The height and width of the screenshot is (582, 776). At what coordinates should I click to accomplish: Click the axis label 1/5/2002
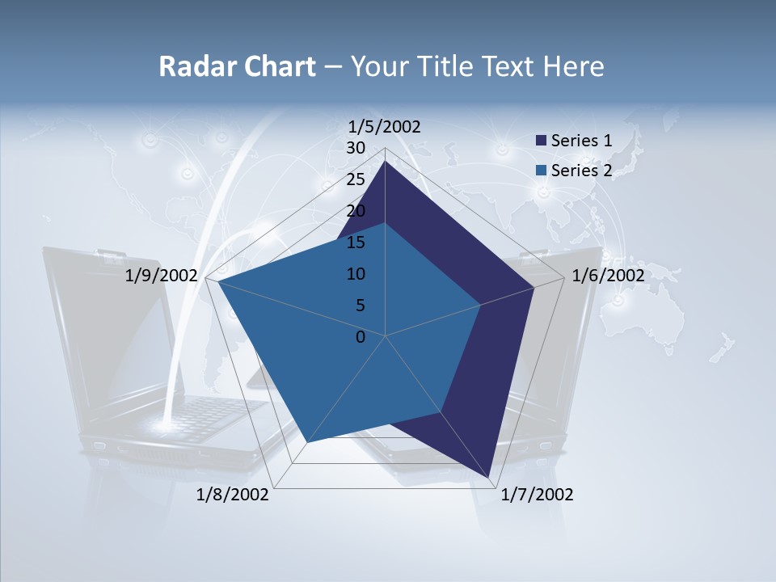(385, 126)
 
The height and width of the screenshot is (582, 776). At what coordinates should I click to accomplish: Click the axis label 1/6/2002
(608, 276)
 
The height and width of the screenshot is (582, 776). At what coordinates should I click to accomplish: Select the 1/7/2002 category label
(537, 495)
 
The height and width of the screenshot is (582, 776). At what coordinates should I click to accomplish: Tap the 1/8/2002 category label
(233, 495)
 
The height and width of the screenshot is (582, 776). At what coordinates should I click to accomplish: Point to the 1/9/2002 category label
(162, 276)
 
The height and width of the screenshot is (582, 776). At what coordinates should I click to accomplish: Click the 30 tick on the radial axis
(356, 148)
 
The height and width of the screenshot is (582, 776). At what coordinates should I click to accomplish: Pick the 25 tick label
(356, 179)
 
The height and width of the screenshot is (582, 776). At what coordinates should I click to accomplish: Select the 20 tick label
(356, 211)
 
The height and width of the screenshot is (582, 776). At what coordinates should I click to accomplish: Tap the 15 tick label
(356, 242)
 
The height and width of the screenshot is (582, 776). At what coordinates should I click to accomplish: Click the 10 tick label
(356, 274)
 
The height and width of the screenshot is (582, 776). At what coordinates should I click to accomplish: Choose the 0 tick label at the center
(361, 337)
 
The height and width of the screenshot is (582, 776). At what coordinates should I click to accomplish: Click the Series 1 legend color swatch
(542, 141)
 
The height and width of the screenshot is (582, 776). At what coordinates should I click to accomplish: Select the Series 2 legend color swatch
(542, 171)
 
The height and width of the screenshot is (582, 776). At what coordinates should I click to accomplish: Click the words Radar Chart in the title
(237, 66)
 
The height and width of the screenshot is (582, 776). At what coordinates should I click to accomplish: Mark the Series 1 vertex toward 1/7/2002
(489, 477)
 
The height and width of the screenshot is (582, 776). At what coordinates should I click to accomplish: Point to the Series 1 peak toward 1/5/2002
(385, 161)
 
